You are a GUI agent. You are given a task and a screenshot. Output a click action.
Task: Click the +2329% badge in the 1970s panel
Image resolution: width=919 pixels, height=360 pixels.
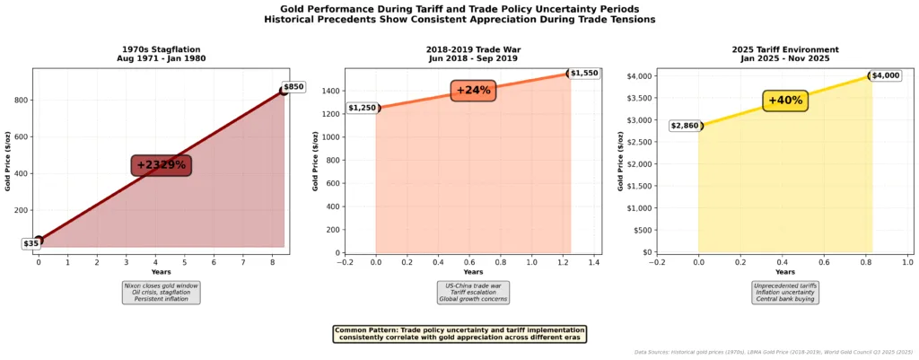(162, 165)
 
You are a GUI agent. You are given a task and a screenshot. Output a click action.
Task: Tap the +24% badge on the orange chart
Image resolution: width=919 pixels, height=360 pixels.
(473, 90)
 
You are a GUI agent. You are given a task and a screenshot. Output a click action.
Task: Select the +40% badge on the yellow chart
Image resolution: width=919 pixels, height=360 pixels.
(785, 101)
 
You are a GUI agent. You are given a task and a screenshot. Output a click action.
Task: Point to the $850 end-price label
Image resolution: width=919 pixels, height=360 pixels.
(294, 87)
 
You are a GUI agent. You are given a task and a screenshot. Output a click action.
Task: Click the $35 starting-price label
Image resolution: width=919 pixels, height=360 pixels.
(31, 243)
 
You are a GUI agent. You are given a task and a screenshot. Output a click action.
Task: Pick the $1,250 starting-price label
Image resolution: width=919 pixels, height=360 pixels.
(362, 109)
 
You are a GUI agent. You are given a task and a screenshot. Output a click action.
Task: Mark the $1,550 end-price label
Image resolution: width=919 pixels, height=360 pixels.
(583, 72)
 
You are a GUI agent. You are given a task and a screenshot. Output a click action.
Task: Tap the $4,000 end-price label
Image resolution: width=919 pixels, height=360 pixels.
(885, 75)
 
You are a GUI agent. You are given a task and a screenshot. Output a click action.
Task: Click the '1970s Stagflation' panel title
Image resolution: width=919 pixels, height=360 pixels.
(162, 48)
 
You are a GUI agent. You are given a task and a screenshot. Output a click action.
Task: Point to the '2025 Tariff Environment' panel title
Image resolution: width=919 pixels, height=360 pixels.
(785, 48)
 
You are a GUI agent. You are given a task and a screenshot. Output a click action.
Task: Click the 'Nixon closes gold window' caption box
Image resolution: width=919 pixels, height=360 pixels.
(162, 293)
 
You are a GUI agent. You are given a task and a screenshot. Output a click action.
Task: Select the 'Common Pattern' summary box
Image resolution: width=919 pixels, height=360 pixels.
(459, 334)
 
